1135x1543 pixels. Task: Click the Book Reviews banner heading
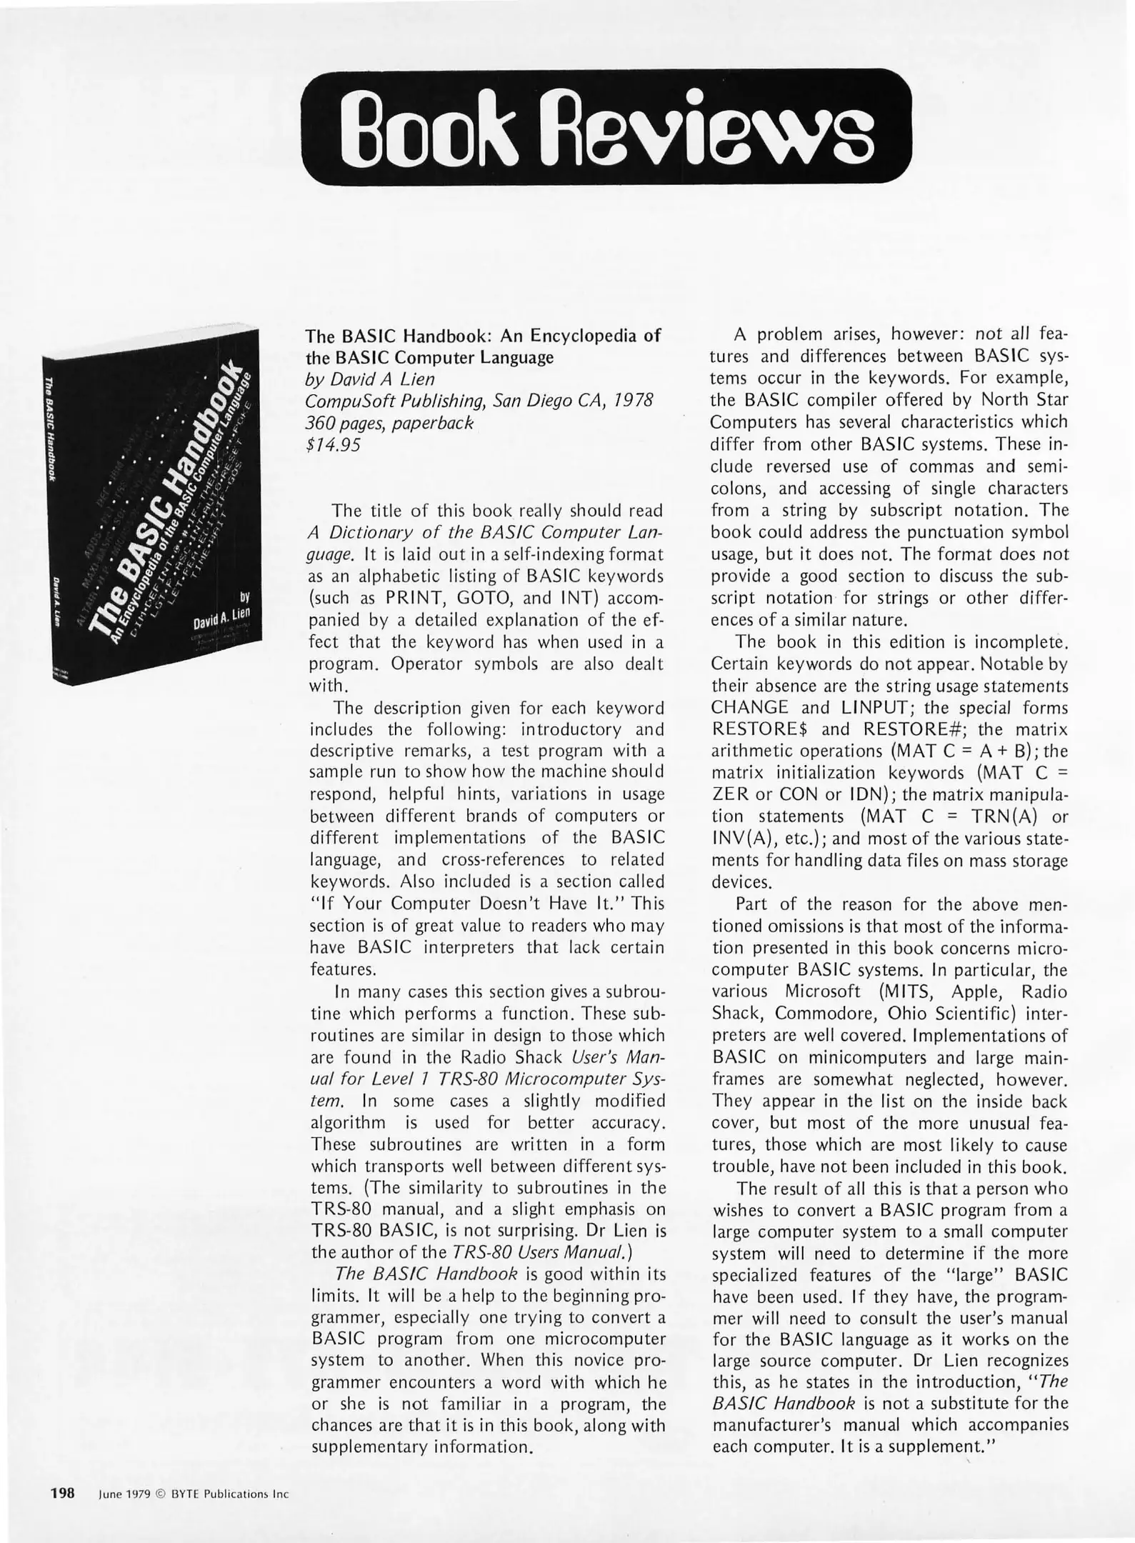click(x=606, y=127)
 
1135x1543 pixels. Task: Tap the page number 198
click(x=63, y=1492)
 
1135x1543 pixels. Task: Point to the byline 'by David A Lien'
click(x=370, y=379)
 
